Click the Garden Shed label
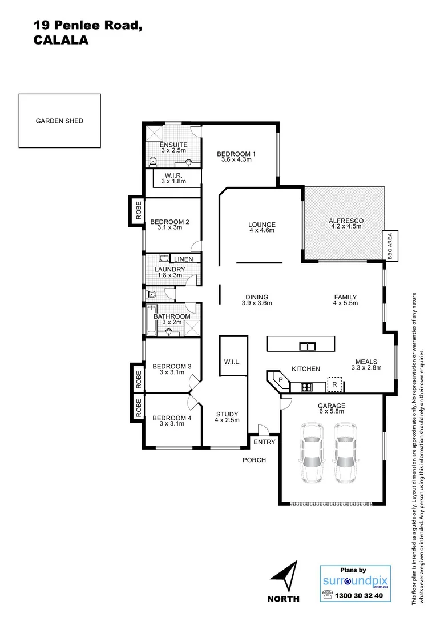pos(59,121)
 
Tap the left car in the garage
pos(312,453)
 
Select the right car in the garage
pos(346,453)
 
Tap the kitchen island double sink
pos(307,346)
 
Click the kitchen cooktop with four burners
pos(306,387)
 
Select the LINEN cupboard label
pos(183,259)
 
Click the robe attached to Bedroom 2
pos(138,211)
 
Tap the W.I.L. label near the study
pos(233,362)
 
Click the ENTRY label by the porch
pos(264,442)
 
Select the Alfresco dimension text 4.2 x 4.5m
pos(346,226)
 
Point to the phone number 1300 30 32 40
pos(361,595)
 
